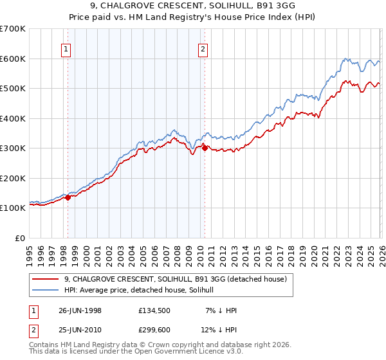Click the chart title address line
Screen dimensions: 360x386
[x=193, y=6]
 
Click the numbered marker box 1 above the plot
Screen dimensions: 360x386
[x=68, y=48]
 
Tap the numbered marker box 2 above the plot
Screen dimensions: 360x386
[x=203, y=48]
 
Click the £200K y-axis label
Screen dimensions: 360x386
[x=13, y=178]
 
